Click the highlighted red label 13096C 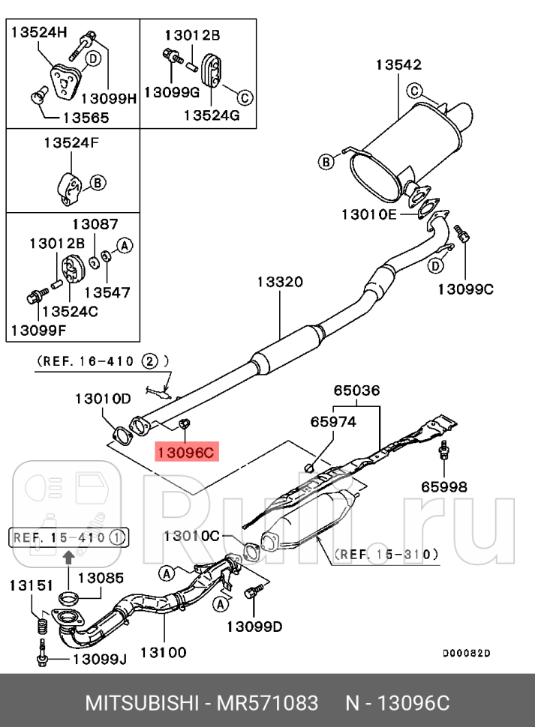click(x=186, y=452)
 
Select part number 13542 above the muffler click(x=398, y=65)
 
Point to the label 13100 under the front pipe click(x=161, y=653)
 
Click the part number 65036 click(x=356, y=390)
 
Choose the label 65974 click(x=333, y=422)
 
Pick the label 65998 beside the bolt click(x=442, y=487)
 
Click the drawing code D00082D click(x=466, y=654)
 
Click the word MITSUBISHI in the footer click(x=140, y=704)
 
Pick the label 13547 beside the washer click(x=107, y=292)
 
